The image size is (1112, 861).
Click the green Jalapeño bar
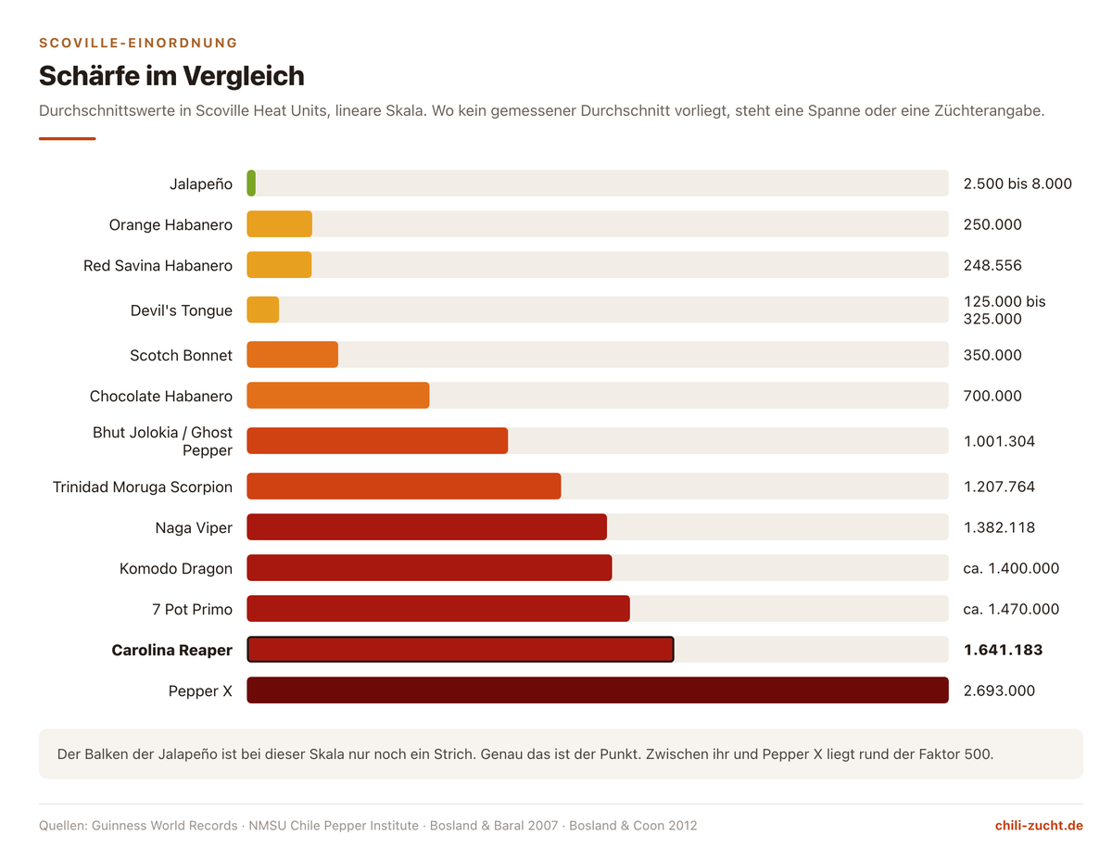(x=251, y=183)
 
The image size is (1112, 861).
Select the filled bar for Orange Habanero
(x=280, y=223)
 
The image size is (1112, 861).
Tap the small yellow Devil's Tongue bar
(x=263, y=310)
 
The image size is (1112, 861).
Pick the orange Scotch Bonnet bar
(x=292, y=355)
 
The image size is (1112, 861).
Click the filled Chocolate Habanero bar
(x=337, y=395)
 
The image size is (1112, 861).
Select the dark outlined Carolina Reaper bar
(x=461, y=649)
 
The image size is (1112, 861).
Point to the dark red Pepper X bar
(x=598, y=690)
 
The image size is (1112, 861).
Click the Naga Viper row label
(x=194, y=527)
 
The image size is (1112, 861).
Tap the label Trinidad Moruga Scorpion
(x=143, y=487)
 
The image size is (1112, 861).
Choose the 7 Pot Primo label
(x=192, y=609)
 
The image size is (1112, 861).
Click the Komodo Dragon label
(x=175, y=568)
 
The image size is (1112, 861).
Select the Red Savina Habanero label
(x=158, y=265)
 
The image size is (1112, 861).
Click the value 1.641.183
(x=1003, y=650)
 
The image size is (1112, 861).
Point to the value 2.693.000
(x=999, y=690)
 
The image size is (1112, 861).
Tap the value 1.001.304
(x=999, y=441)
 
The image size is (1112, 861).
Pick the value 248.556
(x=992, y=265)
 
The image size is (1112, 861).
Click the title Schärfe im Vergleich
(x=171, y=76)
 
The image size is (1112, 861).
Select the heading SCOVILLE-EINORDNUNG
(x=138, y=43)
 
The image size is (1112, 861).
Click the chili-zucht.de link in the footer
(x=1039, y=825)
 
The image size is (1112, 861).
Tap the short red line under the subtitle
(x=67, y=138)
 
